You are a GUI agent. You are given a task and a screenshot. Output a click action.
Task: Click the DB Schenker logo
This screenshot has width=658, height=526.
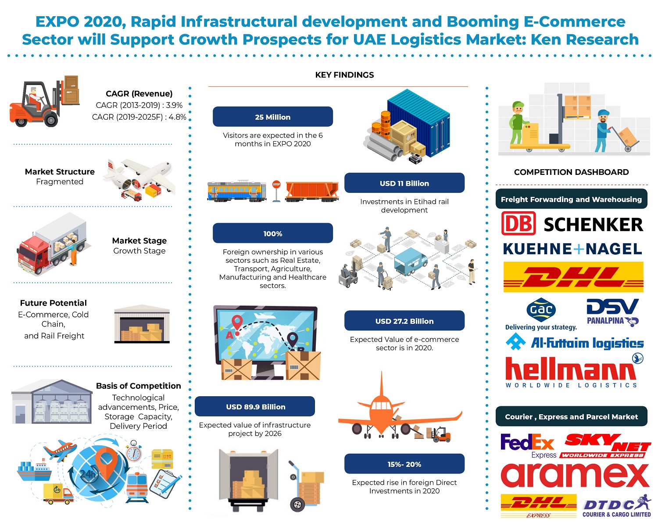[572, 224]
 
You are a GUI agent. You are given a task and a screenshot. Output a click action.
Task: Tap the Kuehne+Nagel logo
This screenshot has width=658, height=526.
[572, 249]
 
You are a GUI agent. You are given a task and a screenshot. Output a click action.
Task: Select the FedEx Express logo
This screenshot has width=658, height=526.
[528, 446]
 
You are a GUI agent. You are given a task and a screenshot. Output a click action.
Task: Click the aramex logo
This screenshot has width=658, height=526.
[575, 475]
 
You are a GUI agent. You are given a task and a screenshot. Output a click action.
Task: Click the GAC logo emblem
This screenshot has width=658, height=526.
[540, 309]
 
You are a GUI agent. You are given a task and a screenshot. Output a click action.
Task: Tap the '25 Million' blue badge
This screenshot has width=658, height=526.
[272, 117]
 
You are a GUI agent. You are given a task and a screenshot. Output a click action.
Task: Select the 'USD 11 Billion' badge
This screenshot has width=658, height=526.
[404, 183]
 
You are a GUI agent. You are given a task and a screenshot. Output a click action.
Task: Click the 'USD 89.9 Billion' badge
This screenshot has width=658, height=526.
[255, 406]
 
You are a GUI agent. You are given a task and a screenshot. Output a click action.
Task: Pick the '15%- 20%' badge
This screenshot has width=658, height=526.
[404, 464]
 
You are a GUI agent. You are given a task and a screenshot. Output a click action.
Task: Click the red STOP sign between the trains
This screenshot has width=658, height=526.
[276, 184]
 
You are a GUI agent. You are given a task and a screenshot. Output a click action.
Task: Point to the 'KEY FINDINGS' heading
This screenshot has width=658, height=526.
[344, 75]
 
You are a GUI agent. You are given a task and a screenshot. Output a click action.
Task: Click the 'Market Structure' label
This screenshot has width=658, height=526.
[60, 171]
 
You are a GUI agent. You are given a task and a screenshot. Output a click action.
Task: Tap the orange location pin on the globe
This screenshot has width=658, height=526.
[106, 463]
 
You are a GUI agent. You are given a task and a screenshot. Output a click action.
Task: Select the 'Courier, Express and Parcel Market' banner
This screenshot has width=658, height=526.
[571, 416]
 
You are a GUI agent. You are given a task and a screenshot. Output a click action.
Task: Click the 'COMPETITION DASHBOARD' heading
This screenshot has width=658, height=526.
[571, 172]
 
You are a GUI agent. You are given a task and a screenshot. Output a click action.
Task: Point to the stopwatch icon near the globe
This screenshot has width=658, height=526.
[134, 451]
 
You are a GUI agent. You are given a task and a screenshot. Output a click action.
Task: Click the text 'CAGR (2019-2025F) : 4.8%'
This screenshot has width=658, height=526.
[139, 117]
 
